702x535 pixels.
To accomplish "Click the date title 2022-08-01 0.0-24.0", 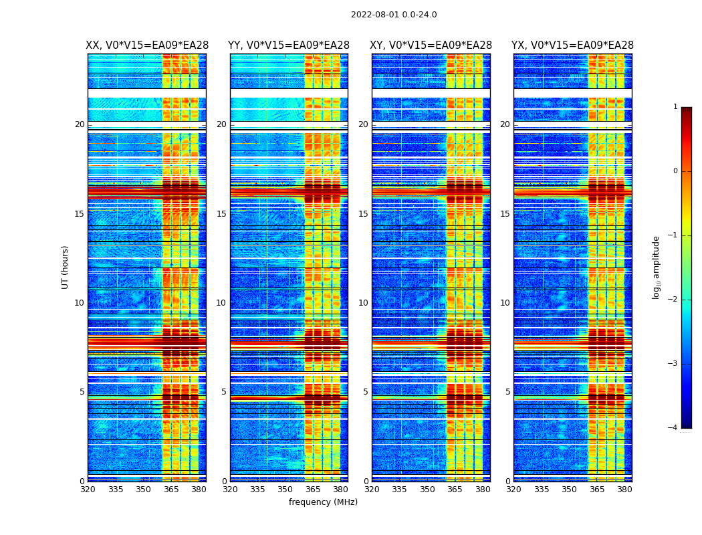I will [394, 15].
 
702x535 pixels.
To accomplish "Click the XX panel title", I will [147, 45].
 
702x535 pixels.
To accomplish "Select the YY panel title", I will [289, 45].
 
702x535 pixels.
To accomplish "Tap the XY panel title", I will [431, 45].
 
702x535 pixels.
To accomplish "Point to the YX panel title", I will [572, 45].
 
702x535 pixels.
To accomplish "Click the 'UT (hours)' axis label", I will [65, 267].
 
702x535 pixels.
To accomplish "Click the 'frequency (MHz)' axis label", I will [323, 502].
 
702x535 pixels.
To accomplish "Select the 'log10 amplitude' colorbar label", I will [656, 267].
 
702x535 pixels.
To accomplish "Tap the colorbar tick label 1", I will [675, 107].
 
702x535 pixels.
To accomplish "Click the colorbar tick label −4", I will [673, 428].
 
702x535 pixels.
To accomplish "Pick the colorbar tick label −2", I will [673, 300].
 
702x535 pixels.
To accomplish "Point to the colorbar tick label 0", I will [675, 171].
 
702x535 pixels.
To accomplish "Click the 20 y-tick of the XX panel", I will [80, 124].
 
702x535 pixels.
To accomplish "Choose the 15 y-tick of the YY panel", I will [221, 214].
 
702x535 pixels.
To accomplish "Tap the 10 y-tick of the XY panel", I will [363, 303].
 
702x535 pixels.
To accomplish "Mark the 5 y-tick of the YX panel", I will [507, 392].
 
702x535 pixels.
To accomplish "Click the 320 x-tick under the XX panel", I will [88, 490].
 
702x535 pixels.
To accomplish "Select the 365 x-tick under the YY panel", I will [313, 490].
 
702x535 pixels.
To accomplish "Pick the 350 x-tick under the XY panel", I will [427, 490].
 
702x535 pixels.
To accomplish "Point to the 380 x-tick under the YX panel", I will [624, 490].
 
